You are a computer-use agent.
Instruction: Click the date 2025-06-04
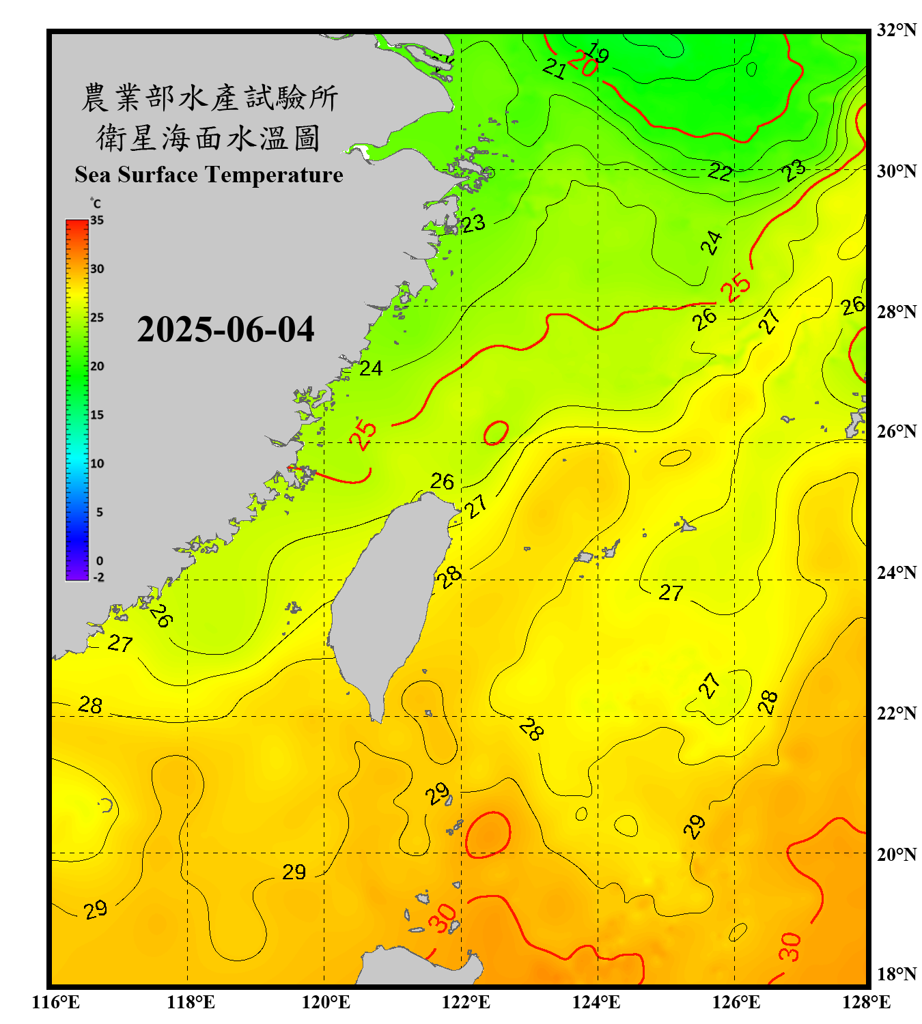(x=225, y=330)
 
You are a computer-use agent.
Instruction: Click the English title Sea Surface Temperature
(x=209, y=175)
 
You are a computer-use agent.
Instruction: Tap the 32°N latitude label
(x=896, y=30)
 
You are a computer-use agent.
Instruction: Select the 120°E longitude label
(x=326, y=1002)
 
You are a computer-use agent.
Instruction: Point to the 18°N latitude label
(x=896, y=974)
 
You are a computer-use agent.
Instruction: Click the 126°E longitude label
(x=736, y=1002)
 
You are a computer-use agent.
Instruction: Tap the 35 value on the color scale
(x=97, y=221)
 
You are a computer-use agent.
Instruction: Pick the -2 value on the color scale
(x=98, y=578)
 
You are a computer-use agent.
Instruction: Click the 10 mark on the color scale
(x=97, y=464)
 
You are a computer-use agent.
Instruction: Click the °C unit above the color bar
(x=96, y=203)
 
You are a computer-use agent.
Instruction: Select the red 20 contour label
(x=582, y=63)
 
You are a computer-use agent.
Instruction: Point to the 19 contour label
(x=598, y=53)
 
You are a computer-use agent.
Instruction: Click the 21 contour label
(x=555, y=68)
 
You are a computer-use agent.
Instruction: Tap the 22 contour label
(x=720, y=171)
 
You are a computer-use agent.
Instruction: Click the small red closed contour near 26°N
(x=496, y=432)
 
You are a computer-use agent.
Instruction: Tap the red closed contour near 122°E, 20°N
(x=488, y=834)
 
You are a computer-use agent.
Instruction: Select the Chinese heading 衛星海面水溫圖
(x=208, y=138)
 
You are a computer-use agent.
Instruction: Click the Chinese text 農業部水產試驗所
(x=209, y=98)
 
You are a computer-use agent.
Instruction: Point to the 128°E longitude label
(x=866, y=1002)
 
